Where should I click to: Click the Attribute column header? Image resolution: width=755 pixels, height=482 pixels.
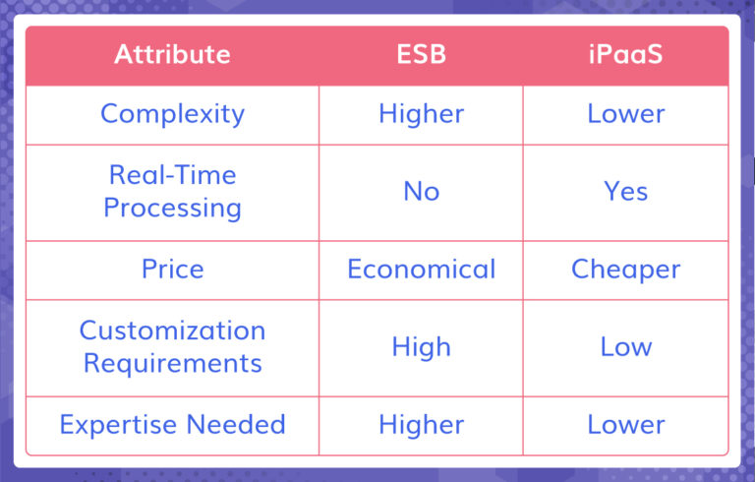(x=172, y=54)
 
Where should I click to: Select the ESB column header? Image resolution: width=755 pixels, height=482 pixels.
(x=421, y=54)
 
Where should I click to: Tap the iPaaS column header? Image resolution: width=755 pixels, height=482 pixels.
(x=626, y=54)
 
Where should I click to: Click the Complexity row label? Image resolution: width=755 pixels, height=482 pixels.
(x=172, y=113)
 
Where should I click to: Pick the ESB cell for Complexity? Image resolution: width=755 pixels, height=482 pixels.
(x=421, y=113)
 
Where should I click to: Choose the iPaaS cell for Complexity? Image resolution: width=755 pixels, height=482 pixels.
(x=626, y=113)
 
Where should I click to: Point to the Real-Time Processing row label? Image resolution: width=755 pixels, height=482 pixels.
(x=172, y=191)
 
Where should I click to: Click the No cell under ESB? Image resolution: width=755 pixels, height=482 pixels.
(x=421, y=191)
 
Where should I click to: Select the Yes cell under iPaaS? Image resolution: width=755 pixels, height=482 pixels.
(x=626, y=191)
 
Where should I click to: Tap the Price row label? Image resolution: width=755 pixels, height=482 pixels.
(x=172, y=269)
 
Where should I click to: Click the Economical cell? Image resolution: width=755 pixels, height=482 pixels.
(x=421, y=269)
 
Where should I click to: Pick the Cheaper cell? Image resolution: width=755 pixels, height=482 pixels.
(x=626, y=269)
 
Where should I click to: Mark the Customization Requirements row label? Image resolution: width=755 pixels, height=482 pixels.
(x=172, y=346)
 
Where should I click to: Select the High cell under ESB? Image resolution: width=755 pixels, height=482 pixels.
(x=421, y=346)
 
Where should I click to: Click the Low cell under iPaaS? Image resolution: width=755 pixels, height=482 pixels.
(x=626, y=346)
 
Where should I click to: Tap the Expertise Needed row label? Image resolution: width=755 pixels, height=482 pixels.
(x=172, y=425)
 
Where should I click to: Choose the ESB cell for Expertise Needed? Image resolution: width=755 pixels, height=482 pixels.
(x=421, y=425)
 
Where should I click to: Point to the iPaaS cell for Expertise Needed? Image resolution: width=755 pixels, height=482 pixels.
(x=626, y=425)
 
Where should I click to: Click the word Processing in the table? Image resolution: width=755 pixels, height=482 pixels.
(x=172, y=208)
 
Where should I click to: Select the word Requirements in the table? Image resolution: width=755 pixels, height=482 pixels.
(x=172, y=363)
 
